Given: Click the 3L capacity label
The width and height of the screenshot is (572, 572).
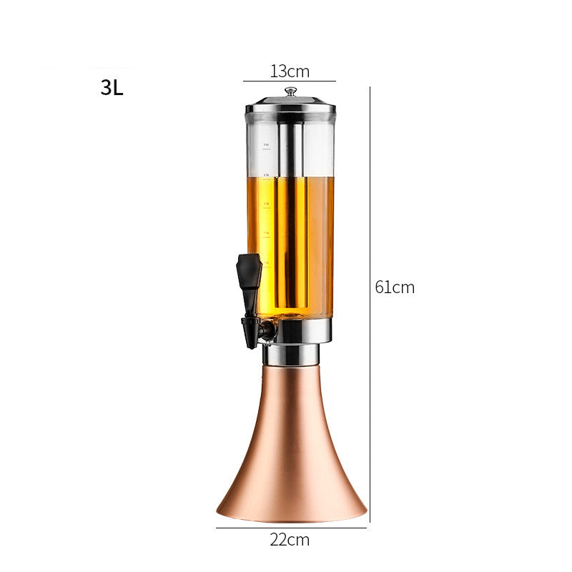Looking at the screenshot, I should pos(112,88).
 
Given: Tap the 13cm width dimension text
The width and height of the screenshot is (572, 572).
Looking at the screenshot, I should pos(290,71).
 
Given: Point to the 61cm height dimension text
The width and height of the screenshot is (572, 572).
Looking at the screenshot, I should pos(395,287).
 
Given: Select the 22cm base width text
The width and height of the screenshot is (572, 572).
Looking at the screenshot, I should pos(290,540).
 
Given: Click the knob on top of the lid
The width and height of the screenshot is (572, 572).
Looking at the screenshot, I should pos(290,92).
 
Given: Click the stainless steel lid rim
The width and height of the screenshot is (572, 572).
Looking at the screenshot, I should pos(290,109).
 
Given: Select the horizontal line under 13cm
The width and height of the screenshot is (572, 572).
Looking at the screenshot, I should pos(290,82).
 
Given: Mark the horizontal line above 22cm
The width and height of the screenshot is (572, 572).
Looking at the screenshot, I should pos(291,528).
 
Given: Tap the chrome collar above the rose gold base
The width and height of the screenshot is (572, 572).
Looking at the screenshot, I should pos(291,355).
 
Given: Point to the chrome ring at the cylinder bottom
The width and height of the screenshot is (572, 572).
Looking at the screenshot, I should pos(304,330).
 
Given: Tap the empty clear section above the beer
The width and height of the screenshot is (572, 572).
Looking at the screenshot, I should pos(318,147).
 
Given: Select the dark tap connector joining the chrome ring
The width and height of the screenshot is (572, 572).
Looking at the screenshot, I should pos(267,331).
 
